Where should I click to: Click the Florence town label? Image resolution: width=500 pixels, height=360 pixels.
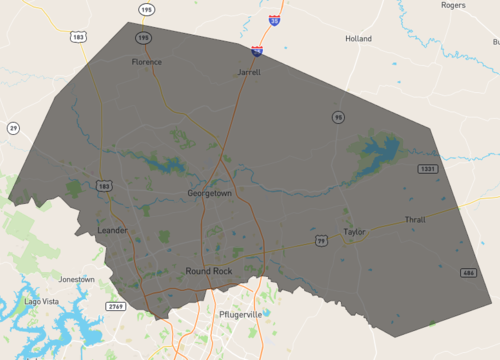coord(146,62)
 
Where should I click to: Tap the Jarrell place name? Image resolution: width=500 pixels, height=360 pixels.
coord(249,73)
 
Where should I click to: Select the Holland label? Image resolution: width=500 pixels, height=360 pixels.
coord(358,39)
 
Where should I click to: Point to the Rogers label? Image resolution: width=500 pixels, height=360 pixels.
coord(453,5)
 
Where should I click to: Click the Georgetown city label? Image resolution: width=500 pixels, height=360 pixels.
coord(209,192)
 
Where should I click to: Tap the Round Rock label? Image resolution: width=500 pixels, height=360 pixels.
coord(208,271)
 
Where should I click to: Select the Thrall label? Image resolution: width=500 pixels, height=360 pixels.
coord(415,219)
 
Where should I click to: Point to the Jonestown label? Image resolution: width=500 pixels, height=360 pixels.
coord(77,279)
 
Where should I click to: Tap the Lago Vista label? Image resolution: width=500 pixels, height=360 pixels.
coord(44,301)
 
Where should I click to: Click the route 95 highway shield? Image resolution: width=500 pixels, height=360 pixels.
coord(339,118)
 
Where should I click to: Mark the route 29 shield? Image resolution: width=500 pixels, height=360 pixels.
coord(13,128)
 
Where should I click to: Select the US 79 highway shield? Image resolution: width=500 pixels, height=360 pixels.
coord(321,241)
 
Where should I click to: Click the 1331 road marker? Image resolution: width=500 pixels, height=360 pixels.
coord(428,169)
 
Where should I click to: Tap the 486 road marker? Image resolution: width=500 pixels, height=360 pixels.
coord(468,273)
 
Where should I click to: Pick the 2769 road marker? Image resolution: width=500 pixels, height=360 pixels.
coord(116,306)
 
